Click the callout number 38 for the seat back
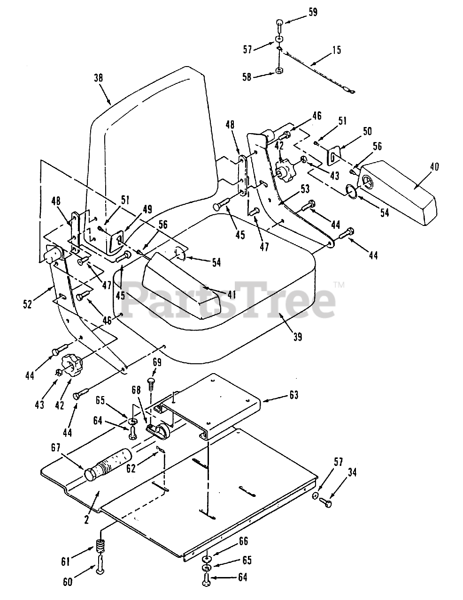tap(99, 77)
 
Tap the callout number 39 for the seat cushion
tap(297, 337)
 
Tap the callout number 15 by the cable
tap(337, 50)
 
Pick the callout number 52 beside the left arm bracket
tap(28, 304)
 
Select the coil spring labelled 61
tap(100, 546)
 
